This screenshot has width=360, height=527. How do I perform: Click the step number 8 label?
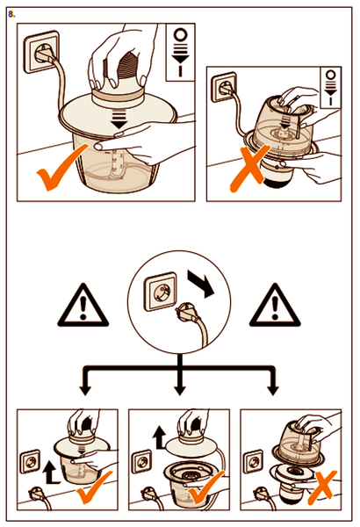(x=11, y=14)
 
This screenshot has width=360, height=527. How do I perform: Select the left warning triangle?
(x=83, y=306)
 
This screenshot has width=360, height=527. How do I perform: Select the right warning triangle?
(x=275, y=306)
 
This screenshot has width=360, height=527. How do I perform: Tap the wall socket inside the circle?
(x=160, y=292)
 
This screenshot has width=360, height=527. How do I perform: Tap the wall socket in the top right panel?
(x=223, y=87)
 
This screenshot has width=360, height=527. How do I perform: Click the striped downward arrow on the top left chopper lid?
(x=119, y=119)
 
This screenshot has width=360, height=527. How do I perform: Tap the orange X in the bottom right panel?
(x=322, y=487)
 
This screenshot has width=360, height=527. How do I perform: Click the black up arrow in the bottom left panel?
(x=50, y=473)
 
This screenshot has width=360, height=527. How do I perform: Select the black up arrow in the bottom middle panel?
(x=159, y=437)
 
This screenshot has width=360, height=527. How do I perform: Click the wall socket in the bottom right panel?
(x=253, y=463)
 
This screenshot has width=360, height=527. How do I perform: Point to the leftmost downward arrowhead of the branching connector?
(x=85, y=391)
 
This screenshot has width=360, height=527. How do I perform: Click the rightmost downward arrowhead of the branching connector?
(x=273, y=391)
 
